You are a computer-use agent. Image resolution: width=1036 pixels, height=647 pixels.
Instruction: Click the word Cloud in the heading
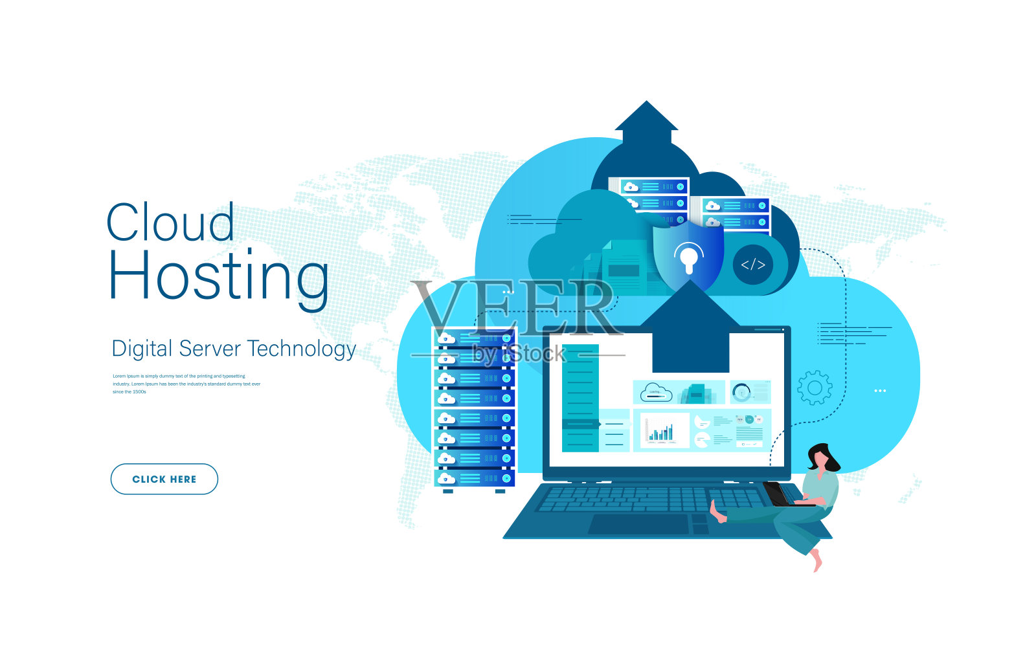170,222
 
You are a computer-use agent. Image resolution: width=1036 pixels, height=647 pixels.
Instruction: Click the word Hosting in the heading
218,276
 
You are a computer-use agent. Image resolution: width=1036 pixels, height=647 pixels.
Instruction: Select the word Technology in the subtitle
302,349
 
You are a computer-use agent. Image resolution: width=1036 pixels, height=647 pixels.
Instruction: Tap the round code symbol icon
753,264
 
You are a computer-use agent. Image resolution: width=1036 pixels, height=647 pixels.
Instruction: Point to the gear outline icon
815,388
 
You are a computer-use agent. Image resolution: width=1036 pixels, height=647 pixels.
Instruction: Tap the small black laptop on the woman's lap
778,494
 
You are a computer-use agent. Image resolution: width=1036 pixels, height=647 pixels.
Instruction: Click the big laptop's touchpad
638,524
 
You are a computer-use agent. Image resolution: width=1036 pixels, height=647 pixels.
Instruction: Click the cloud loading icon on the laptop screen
656,392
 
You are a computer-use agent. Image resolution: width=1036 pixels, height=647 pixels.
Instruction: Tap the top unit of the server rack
474,338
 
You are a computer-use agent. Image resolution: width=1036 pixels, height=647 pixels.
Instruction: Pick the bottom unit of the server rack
474,479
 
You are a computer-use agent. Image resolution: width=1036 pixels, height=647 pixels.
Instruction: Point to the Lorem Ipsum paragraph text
186,384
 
